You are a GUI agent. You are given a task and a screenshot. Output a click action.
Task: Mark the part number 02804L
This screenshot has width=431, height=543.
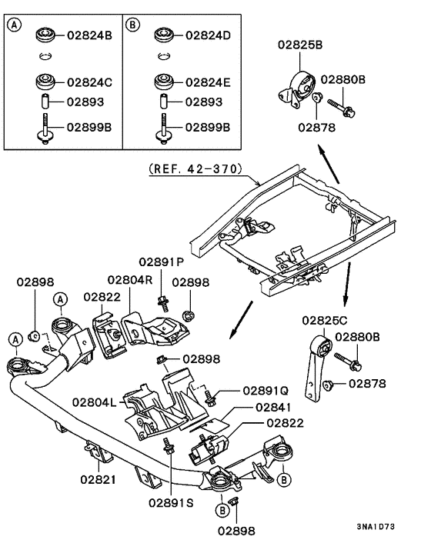coord(95,401)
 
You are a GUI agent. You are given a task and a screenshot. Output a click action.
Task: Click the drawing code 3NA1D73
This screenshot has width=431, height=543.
coord(377,527)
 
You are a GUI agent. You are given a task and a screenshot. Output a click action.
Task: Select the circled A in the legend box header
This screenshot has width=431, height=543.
coord(15,25)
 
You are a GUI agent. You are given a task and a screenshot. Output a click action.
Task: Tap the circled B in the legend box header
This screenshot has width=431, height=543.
coord(133,25)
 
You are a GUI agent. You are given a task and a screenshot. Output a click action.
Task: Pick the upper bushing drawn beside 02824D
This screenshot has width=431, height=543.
coord(162,35)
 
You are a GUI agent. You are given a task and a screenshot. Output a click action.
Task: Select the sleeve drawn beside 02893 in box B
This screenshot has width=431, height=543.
coord(162,102)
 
